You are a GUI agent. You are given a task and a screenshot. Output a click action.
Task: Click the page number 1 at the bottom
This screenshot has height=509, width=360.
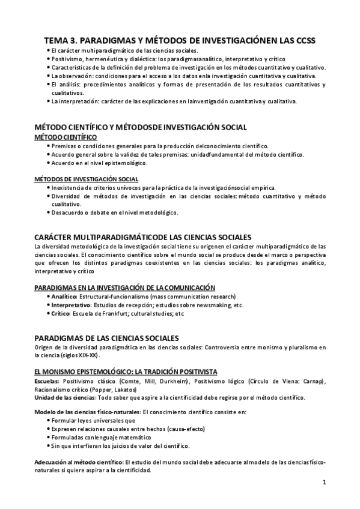point(323,482)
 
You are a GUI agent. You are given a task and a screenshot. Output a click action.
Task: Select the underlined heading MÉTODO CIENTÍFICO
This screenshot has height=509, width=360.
point(66,137)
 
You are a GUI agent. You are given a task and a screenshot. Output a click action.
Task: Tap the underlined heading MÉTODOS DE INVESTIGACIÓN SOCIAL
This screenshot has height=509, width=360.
point(86,179)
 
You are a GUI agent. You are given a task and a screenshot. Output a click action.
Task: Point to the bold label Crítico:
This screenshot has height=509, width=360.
point(61,313)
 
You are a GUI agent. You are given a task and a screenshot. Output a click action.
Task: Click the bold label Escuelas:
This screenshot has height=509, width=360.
point(47,381)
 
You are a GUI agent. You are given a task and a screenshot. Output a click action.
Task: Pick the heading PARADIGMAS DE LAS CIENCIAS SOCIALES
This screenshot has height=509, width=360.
point(106,337)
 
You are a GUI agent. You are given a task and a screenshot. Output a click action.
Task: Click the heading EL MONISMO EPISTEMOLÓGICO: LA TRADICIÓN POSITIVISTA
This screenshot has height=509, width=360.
point(126,372)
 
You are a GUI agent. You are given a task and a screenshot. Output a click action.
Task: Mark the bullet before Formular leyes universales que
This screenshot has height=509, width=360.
point(48,421)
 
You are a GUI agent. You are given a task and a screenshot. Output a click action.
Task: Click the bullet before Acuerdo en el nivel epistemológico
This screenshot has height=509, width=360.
point(48,163)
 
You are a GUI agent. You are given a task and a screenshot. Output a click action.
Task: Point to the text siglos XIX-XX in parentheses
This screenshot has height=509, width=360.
point(82,355)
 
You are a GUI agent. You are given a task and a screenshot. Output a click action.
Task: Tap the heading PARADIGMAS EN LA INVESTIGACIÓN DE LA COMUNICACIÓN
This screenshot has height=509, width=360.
point(124,288)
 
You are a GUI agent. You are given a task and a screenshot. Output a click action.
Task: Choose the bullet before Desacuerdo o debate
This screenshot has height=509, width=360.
point(48,212)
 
